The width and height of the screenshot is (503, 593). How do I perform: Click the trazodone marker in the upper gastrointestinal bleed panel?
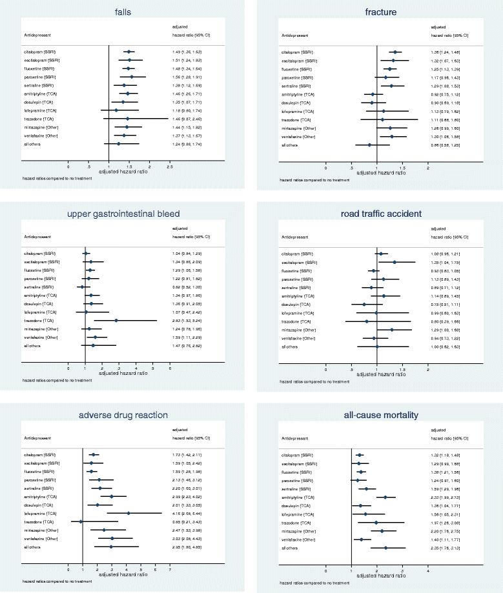(116, 320)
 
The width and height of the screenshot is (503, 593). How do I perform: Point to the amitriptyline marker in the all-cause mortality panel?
(385, 497)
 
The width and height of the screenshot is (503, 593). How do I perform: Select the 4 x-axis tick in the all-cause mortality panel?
(428, 570)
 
